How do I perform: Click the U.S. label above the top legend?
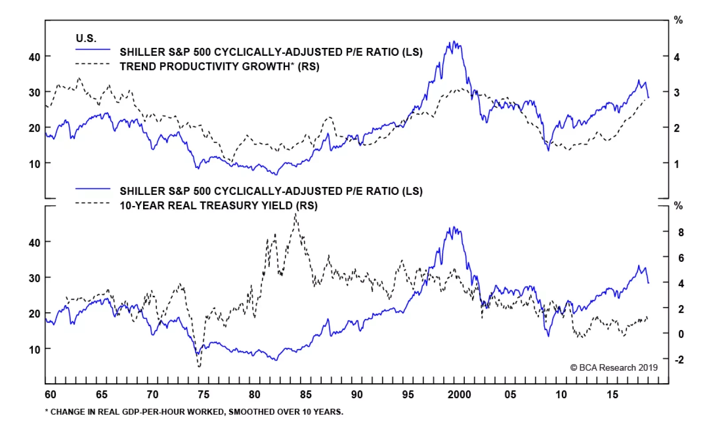coord(86,38)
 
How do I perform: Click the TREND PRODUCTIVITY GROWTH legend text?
coord(219,66)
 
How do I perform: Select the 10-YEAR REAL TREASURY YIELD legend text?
coord(218,206)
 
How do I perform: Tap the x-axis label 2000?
coord(459,395)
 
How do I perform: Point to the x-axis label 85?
coord(306,395)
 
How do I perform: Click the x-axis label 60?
coord(51,395)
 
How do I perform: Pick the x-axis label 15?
coord(612,395)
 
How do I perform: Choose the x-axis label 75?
coord(203,395)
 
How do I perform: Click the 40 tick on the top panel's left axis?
coord(34,57)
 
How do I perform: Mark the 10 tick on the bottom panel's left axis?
coord(34,350)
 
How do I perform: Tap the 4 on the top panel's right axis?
coord(677,57)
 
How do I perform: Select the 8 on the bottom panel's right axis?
coord(681,232)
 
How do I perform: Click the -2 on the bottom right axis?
coord(679,359)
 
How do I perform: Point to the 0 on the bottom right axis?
coord(681,334)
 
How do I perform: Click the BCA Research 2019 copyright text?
coord(614,368)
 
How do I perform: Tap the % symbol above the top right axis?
coord(678,20)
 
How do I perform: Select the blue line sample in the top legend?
coord(93,50)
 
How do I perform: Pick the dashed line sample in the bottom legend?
coord(93,203)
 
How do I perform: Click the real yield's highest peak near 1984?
coord(296,214)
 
